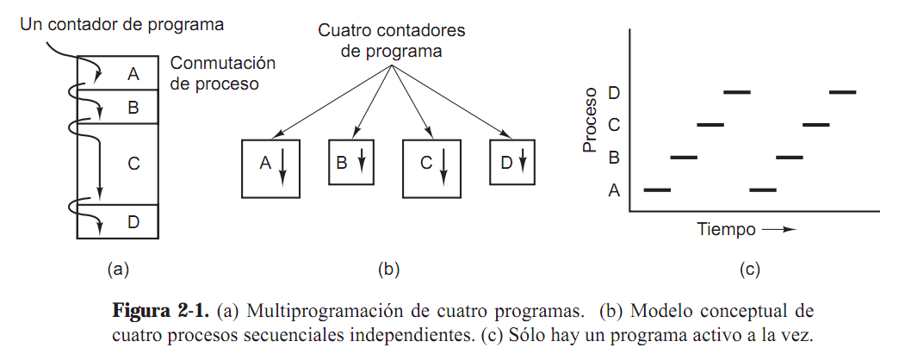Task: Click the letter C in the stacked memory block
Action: [x=133, y=162]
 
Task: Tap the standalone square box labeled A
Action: [x=270, y=168]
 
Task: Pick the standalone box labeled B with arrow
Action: [x=351, y=161]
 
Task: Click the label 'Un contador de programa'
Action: [x=121, y=24]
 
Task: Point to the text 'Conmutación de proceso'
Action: [x=222, y=74]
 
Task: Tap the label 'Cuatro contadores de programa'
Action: [x=392, y=40]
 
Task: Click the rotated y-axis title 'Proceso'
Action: [x=591, y=120]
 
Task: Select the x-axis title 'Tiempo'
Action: [x=726, y=230]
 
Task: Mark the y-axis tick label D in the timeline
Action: [x=614, y=92]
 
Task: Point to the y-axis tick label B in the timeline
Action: [x=614, y=158]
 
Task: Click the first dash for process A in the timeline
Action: [x=657, y=189]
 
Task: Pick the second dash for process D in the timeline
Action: [x=842, y=91]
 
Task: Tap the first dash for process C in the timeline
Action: [x=710, y=125]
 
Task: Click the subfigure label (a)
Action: [x=118, y=270]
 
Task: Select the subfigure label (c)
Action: [x=749, y=270]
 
